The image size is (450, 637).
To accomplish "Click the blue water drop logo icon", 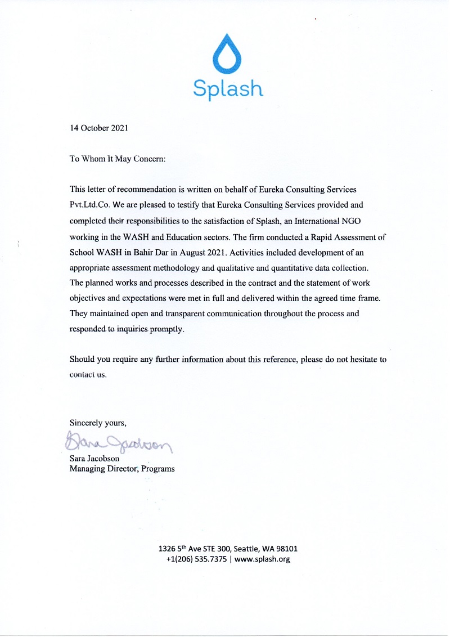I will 228,54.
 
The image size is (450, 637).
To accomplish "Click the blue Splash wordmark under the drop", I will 228,89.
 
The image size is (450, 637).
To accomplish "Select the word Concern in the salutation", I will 148,159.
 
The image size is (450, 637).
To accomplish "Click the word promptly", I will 166,329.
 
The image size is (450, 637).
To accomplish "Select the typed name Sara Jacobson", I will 94,458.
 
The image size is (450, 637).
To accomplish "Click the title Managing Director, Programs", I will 121,468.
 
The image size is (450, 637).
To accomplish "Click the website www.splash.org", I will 262,559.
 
